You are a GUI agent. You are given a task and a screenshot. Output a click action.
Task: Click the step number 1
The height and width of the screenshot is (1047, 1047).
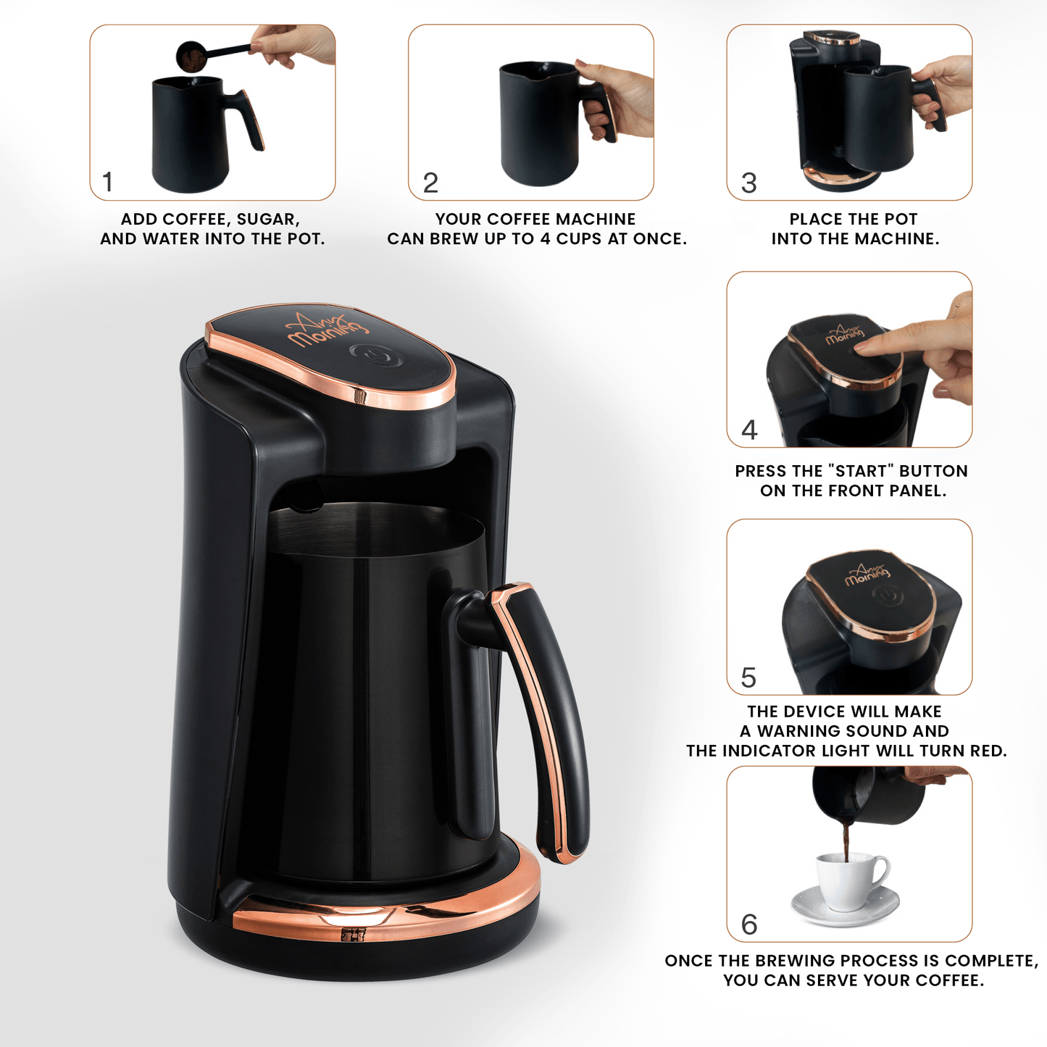pos(108,182)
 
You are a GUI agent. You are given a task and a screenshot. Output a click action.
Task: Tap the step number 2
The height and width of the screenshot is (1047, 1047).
pos(430,183)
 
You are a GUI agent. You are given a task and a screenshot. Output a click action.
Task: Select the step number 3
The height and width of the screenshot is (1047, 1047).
pos(749,183)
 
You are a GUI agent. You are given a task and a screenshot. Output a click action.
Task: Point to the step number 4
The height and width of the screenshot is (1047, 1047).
pos(749,430)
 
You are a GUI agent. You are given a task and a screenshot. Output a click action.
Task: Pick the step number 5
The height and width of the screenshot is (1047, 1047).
pos(748,678)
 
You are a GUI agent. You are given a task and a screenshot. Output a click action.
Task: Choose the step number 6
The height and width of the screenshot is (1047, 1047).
pos(749,925)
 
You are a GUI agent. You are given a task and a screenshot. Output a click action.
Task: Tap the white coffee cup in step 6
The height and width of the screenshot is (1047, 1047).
pos(848,880)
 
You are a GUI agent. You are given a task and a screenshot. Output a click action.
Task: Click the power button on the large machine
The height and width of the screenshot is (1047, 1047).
pos(374,355)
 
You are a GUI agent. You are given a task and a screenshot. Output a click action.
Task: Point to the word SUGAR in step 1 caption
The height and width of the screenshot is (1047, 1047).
pos(267,220)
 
